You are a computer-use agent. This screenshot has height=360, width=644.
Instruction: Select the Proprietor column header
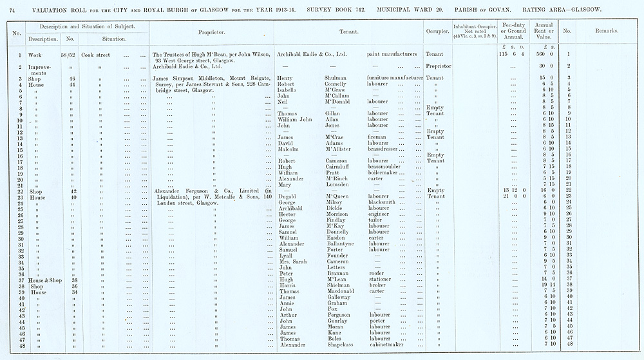[x=212, y=31]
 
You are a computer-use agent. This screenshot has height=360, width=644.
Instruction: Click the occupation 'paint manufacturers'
[x=393, y=55]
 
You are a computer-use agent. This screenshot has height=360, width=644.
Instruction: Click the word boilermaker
[x=386, y=173]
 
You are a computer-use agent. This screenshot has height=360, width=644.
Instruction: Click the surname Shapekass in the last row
[x=342, y=345]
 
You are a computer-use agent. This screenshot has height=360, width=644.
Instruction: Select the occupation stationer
[x=381, y=279]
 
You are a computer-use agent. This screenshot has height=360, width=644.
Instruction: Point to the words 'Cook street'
[x=95, y=55]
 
